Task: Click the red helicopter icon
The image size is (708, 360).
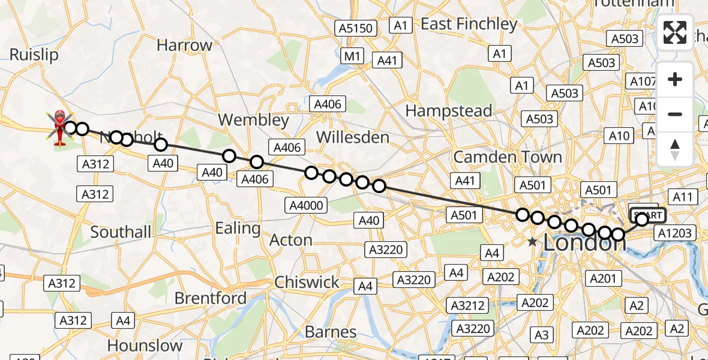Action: pyautogui.click(x=60, y=127)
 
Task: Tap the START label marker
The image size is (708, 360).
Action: pyautogui.click(x=647, y=215)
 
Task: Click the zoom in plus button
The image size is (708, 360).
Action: pyautogui.click(x=675, y=80)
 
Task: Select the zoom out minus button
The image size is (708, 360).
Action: pyautogui.click(x=675, y=114)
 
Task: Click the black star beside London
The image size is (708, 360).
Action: pyautogui.click(x=532, y=242)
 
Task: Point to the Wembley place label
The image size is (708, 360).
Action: pyautogui.click(x=254, y=119)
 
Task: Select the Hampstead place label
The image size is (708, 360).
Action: pyautogui.click(x=449, y=111)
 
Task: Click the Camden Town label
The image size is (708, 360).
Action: pyautogui.click(x=508, y=157)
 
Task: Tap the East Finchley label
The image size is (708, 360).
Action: pyautogui.click(x=469, y=24)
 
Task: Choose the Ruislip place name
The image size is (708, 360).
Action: pyautogui.click(x=34, y=55)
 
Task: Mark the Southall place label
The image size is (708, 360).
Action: pyautogui.click(x=121, y=232)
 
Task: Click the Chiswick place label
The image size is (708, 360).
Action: pyautogui.click(x=307, y=282)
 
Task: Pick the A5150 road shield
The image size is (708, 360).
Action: pyautogui.click(x=356, y=28)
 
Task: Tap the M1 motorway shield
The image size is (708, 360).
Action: pyautogui.click(x=352, y=56)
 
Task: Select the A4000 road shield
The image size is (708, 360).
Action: pyautogui.click(x=306, y=206)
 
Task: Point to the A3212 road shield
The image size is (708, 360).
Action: pyautogui.click(x=469, y=305)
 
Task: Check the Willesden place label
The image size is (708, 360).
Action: pyautogui.click(x=353, y=137)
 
